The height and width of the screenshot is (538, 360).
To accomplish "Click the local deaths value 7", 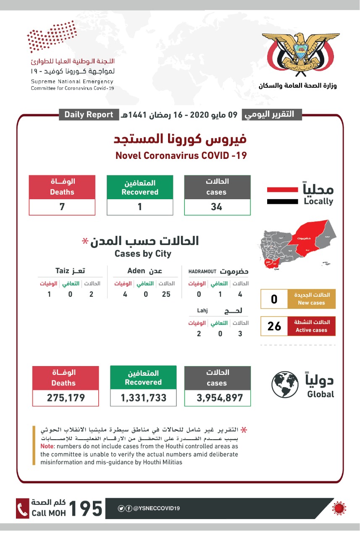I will (62, 207).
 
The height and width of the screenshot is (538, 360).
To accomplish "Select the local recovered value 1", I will (140, 207).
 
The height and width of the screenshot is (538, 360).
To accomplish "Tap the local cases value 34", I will (217, 207).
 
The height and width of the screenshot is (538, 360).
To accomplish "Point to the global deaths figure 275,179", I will (66, 398).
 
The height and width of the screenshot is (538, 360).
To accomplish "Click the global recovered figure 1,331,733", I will (143, 398).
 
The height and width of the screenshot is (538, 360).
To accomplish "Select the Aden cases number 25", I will (166, 294).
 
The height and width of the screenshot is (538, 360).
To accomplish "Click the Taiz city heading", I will (70, 271).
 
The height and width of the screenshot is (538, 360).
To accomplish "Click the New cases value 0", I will (274, 299).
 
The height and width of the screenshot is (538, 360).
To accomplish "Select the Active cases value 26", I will (274, 326).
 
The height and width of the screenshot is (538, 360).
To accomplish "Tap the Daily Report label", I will (89, 114).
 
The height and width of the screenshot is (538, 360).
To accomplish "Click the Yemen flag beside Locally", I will (282, 196).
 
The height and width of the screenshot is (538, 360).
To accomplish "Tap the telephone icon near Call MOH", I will (22, 509).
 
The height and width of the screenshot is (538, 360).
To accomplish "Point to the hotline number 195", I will (85, 509).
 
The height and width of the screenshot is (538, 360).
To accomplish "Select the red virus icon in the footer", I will (338, 508).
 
